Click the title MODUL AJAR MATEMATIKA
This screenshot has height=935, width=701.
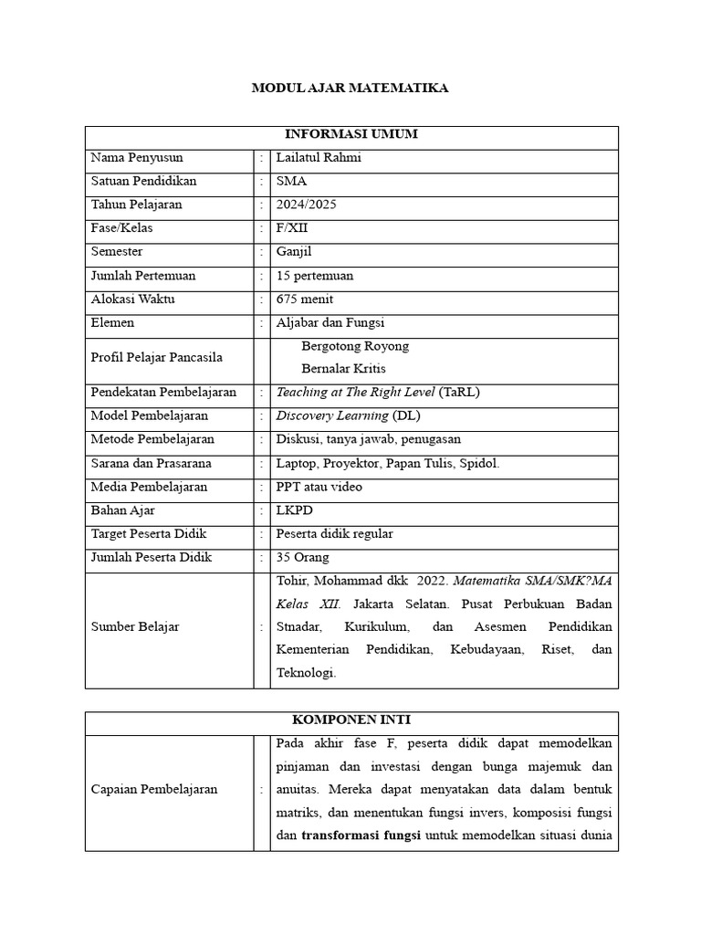tap(350, 89)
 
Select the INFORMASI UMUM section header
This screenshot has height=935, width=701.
tap(351, 134)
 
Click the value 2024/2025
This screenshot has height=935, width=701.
tap(306, 205)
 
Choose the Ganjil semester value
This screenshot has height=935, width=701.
tap(293, 252)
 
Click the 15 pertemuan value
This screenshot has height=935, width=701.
tap(314, 276)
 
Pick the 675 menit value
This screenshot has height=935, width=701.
tap(304, 299)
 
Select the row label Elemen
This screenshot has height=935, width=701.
tap(112, 322)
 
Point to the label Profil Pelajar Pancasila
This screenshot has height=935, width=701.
tap(156, 357)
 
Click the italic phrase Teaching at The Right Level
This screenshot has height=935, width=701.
tap(355, 393)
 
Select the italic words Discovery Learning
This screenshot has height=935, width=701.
tap(332, 416)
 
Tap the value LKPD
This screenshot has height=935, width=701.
tap(293, 510)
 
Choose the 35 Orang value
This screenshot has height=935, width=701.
tap(302, 557)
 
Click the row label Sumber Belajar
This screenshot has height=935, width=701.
tap(135, 627)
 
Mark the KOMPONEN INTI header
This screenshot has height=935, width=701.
tap(351, 720)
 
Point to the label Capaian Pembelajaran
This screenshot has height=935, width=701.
tap(153, 790)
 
